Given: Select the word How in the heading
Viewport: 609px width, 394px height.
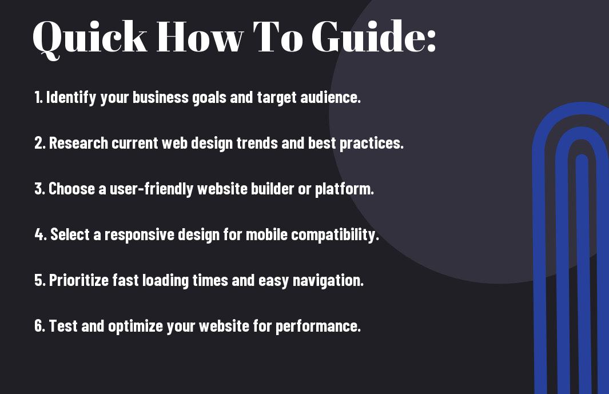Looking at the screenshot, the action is pos(200,37).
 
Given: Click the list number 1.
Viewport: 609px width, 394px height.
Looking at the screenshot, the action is pos(38,97).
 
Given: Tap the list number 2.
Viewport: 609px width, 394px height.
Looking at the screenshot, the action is pos(39,143).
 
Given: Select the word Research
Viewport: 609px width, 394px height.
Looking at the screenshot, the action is pos(78,143).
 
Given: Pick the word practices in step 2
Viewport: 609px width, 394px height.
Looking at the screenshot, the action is pos(372,144).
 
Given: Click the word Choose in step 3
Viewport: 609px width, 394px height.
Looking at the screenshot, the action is pos(71,189).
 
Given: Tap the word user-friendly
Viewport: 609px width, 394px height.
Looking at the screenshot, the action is pos(152,189).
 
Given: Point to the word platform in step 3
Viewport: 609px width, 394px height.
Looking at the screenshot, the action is pos(344,189).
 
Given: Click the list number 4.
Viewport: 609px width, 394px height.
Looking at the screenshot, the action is pos(41,234).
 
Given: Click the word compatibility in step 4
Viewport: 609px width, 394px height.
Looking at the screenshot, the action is pos(335,235).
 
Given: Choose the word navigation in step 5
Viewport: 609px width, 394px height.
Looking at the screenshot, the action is pos(328,281).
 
